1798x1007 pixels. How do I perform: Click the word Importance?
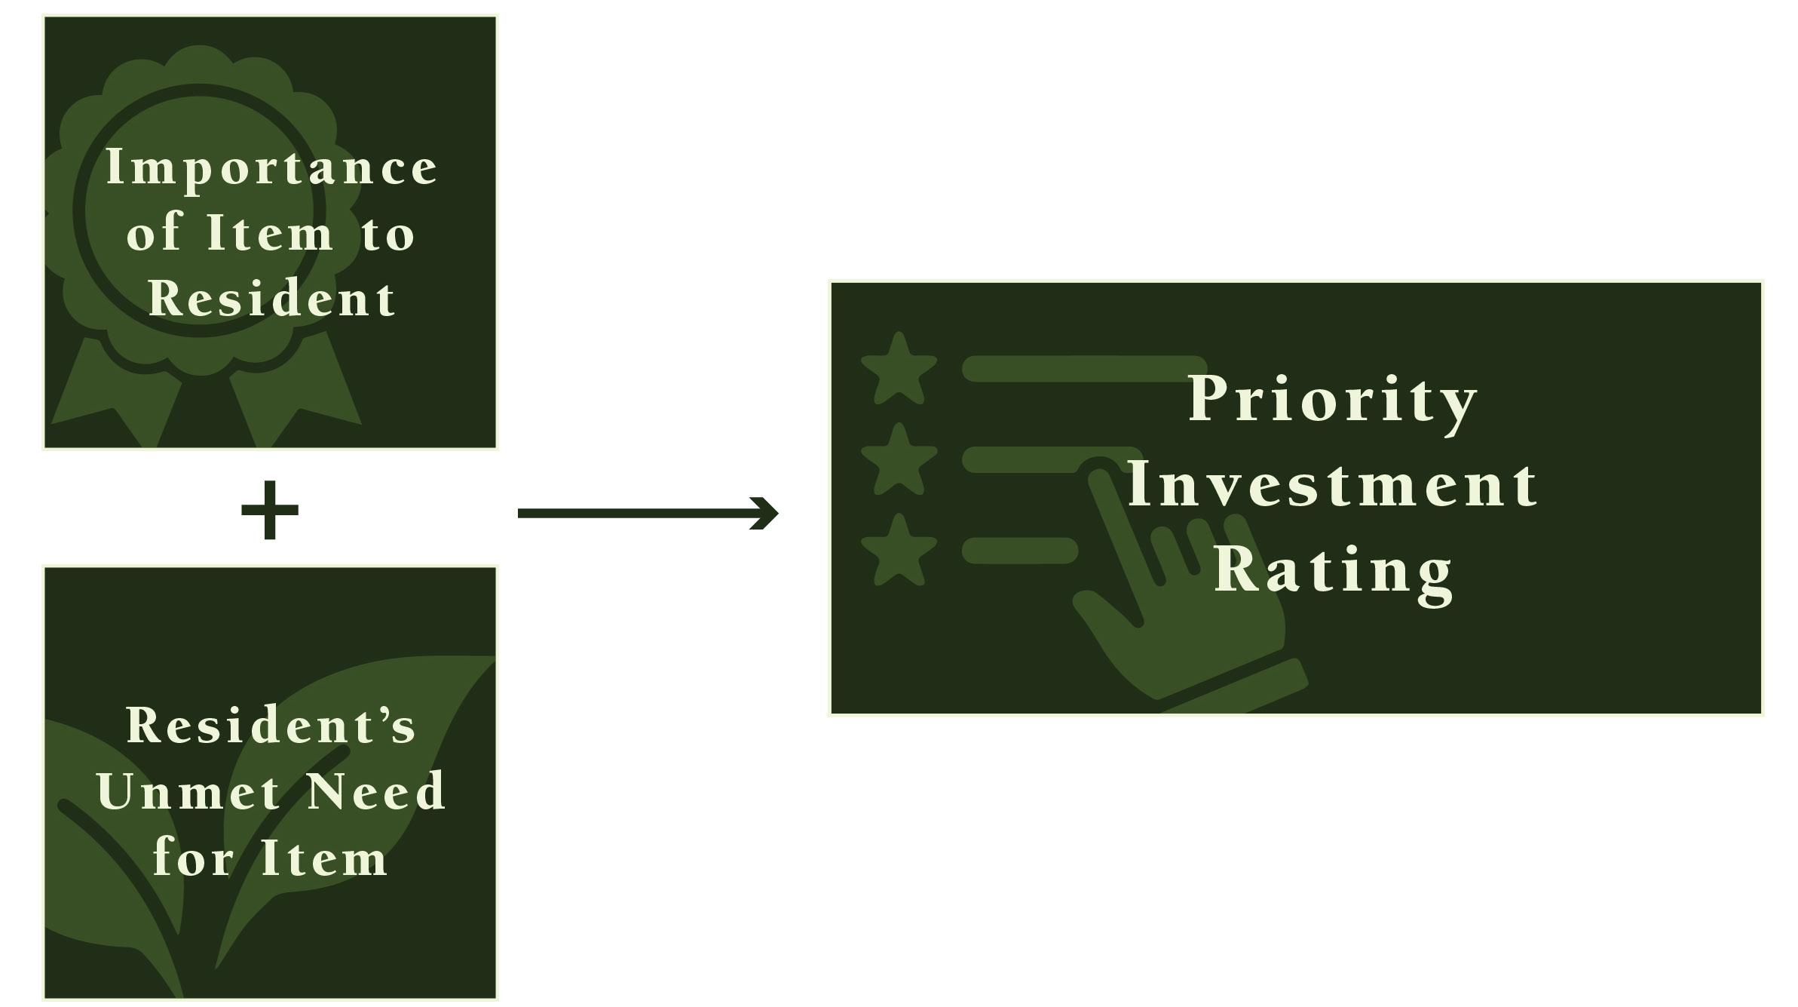coord(271,167)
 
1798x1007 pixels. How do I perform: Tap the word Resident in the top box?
coord(271,299)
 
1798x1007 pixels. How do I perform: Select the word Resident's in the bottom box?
coord(271,726)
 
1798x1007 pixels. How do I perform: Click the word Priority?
coord(1332,401)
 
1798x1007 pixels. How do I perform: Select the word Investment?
coord(1332,485)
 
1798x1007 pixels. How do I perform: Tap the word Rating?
coord(1332,571)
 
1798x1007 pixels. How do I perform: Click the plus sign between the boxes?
coord(270,511)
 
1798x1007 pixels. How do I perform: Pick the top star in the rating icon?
coord(899,370)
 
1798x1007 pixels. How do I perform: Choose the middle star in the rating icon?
coord(899,460)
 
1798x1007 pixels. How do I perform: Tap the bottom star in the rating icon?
coord(899,551)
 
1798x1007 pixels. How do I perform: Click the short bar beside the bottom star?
coord(1019,551)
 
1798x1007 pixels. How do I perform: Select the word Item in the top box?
coord(270,234)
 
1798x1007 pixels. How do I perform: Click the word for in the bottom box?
coord(193,858)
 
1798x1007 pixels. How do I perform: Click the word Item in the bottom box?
coord(324,858)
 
